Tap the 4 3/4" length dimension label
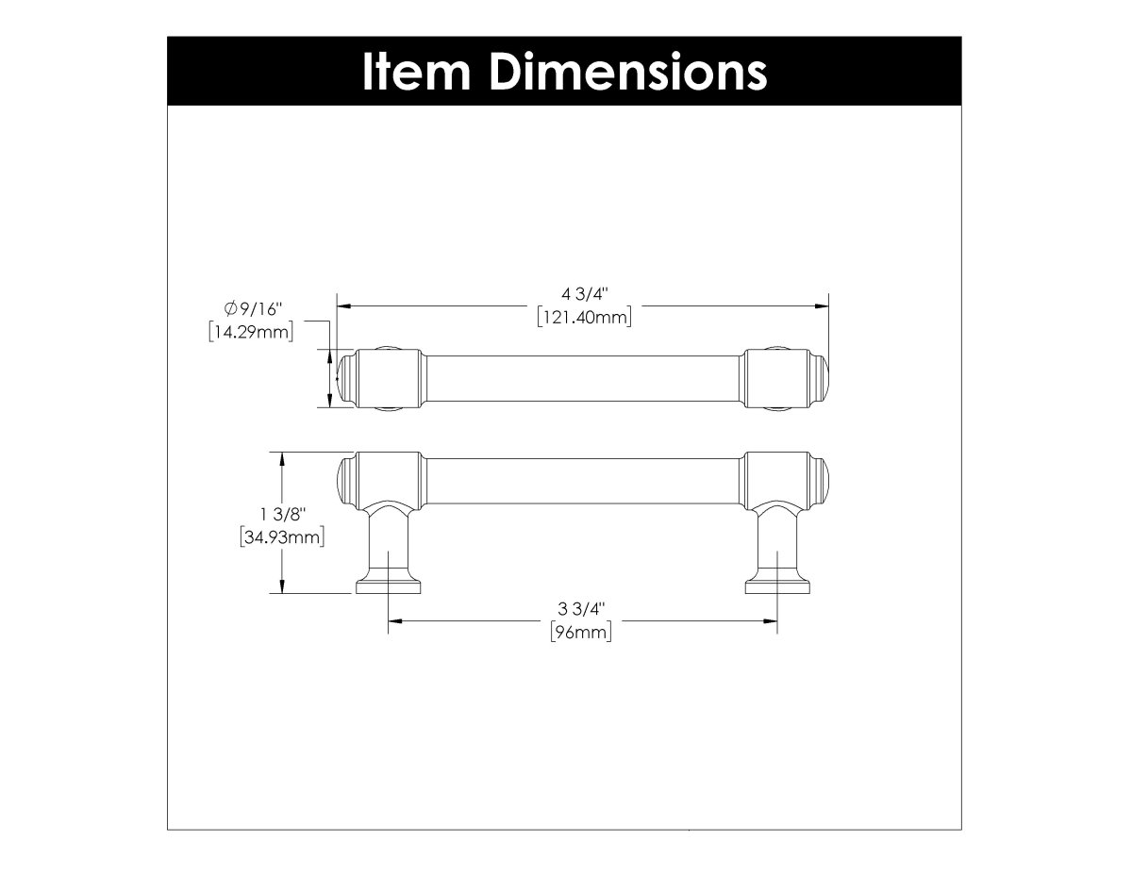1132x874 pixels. point(584,294)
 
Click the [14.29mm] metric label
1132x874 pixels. point(251,331)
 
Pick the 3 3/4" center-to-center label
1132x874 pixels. point(582,609)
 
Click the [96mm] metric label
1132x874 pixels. point(582,632)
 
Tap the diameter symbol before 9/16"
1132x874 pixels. point(230,308)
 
